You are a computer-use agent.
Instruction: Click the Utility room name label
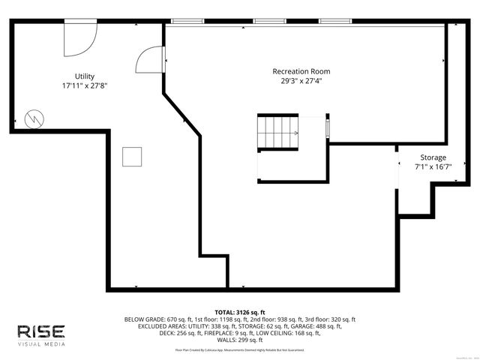[x=84, y=76]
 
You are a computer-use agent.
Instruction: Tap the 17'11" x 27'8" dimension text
[x=84, y=86]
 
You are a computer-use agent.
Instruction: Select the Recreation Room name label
[x=301, y=71]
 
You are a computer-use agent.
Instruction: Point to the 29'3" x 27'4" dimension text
[x=301, y=80]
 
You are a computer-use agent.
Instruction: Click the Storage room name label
[x=433, y=157]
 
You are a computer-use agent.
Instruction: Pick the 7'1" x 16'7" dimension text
[x=433, y=167]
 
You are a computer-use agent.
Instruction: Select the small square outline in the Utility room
[x=133, y=156]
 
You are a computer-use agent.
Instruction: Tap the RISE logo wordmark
[x=42, y=331]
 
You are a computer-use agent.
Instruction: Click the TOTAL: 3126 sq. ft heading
[x=240, y=312]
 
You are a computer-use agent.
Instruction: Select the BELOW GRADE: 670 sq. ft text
[x=153, y=319]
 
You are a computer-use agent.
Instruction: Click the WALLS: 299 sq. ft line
[x=240, y=340]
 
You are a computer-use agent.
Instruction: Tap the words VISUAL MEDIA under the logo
[x=42, y=344]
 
